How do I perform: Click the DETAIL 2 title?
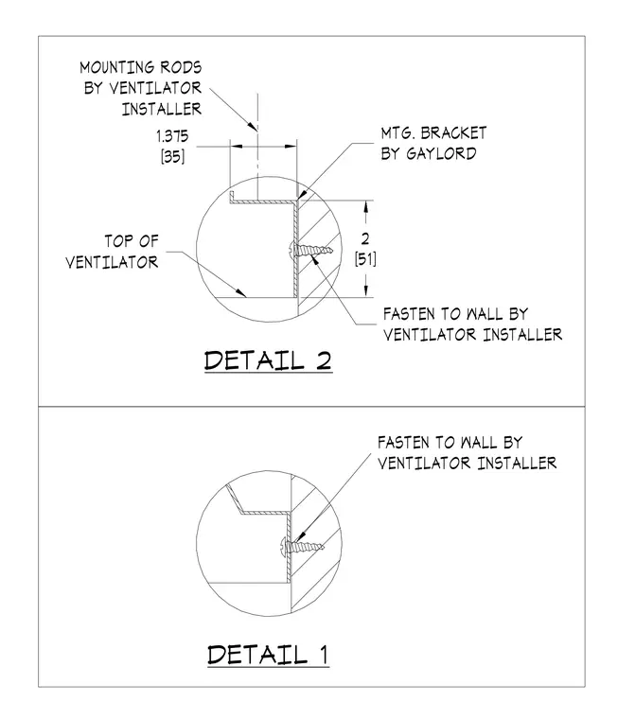(268, 360)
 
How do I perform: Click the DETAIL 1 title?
(268, 655)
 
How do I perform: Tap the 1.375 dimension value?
(172, 136)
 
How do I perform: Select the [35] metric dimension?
(172, 157)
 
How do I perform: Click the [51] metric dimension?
(365, 259)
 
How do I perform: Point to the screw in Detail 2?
(310, 251)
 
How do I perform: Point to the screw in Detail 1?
(302, 546)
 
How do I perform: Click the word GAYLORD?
(441, 153)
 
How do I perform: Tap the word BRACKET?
(453, 133)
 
